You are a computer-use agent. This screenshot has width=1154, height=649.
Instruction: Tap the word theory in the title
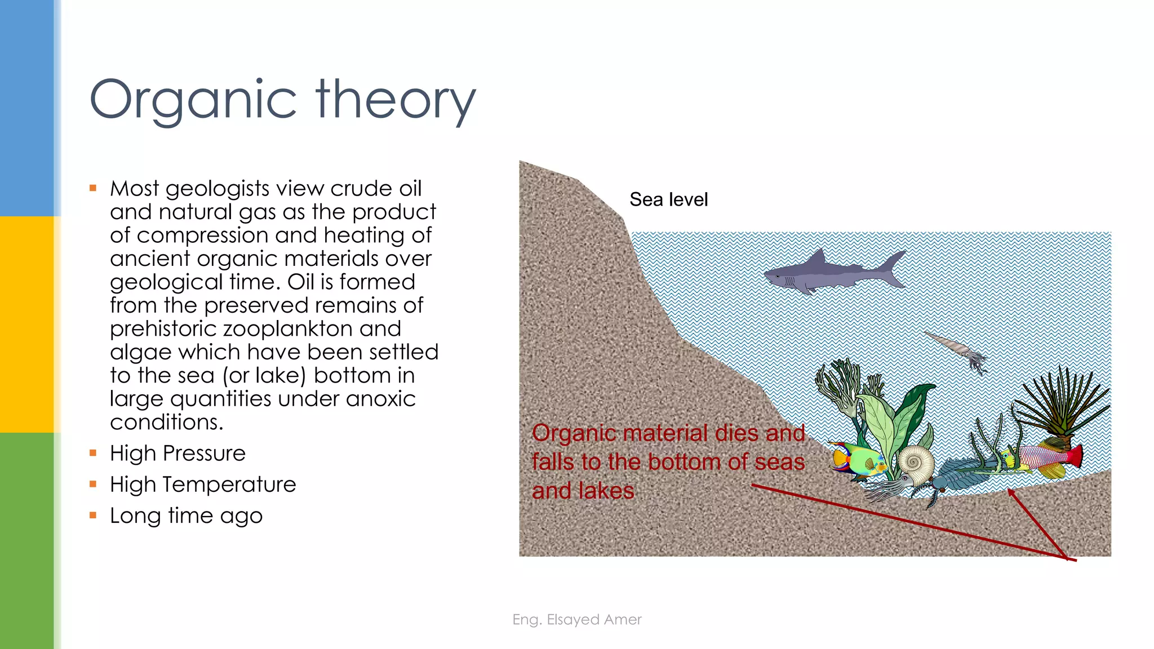point(396,100)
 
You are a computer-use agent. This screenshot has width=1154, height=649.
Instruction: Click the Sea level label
point(668,199)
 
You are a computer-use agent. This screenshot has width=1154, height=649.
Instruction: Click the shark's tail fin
point(894,268)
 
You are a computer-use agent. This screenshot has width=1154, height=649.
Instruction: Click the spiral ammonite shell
point(915,464)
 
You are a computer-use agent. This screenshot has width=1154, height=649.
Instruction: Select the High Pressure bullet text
point(177,454)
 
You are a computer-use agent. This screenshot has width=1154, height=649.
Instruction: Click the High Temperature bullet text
point(203,484)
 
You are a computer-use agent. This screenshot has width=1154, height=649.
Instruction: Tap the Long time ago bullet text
point(186,516)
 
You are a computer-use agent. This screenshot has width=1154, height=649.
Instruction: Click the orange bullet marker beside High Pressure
point(93,453)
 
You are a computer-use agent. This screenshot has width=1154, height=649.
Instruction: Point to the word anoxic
point(380,399)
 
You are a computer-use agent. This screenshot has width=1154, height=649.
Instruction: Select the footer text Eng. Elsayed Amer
point(576,620)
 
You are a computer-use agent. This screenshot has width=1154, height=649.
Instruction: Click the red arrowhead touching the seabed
point(1012,494)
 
